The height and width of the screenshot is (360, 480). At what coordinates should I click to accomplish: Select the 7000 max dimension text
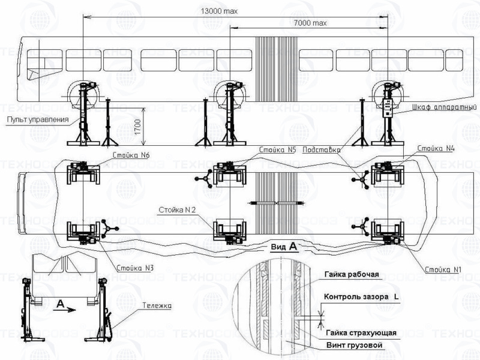(x=310, y=23)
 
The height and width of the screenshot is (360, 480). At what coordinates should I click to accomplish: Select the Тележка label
(x=157, y=305)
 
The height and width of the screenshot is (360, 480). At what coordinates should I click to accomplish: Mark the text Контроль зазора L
(x=362, y=297)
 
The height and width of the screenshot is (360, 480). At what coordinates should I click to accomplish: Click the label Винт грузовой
(x=355, y=345)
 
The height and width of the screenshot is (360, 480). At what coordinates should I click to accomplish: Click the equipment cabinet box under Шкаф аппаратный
(x=388, y=108)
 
